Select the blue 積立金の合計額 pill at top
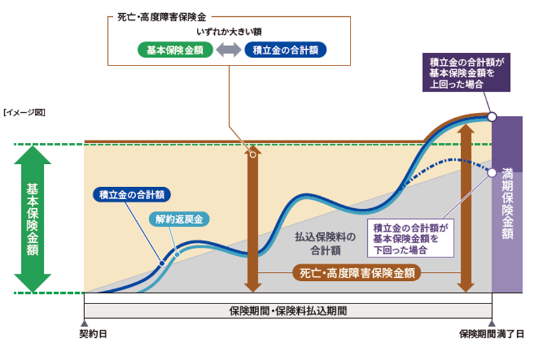pos(285,50)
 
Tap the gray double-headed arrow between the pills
pos(229,50)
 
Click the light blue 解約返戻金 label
pos(178,220)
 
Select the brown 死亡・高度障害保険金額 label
pos(356,273)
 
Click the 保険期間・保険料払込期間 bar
pos(288,311)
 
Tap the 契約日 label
pos(92,334)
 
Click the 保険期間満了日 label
pos(491,334)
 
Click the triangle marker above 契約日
pos(84,323)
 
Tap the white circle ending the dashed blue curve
pos(491,173)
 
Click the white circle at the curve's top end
pos(491,117)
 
